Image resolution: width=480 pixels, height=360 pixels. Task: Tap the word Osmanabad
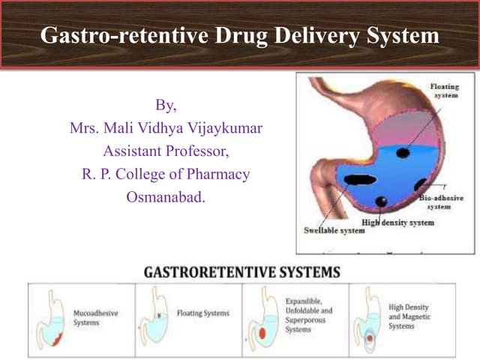[x=165, y=198]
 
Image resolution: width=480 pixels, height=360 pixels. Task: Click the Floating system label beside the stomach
[x=445, y=92]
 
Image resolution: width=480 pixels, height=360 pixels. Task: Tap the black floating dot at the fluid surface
[x=403, y=152]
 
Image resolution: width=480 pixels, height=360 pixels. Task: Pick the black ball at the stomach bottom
[x=382, y=201]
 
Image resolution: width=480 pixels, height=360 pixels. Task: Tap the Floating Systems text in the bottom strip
[x=202, y=313]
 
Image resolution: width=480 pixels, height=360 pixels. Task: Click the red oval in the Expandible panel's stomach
[x=262, y=332]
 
